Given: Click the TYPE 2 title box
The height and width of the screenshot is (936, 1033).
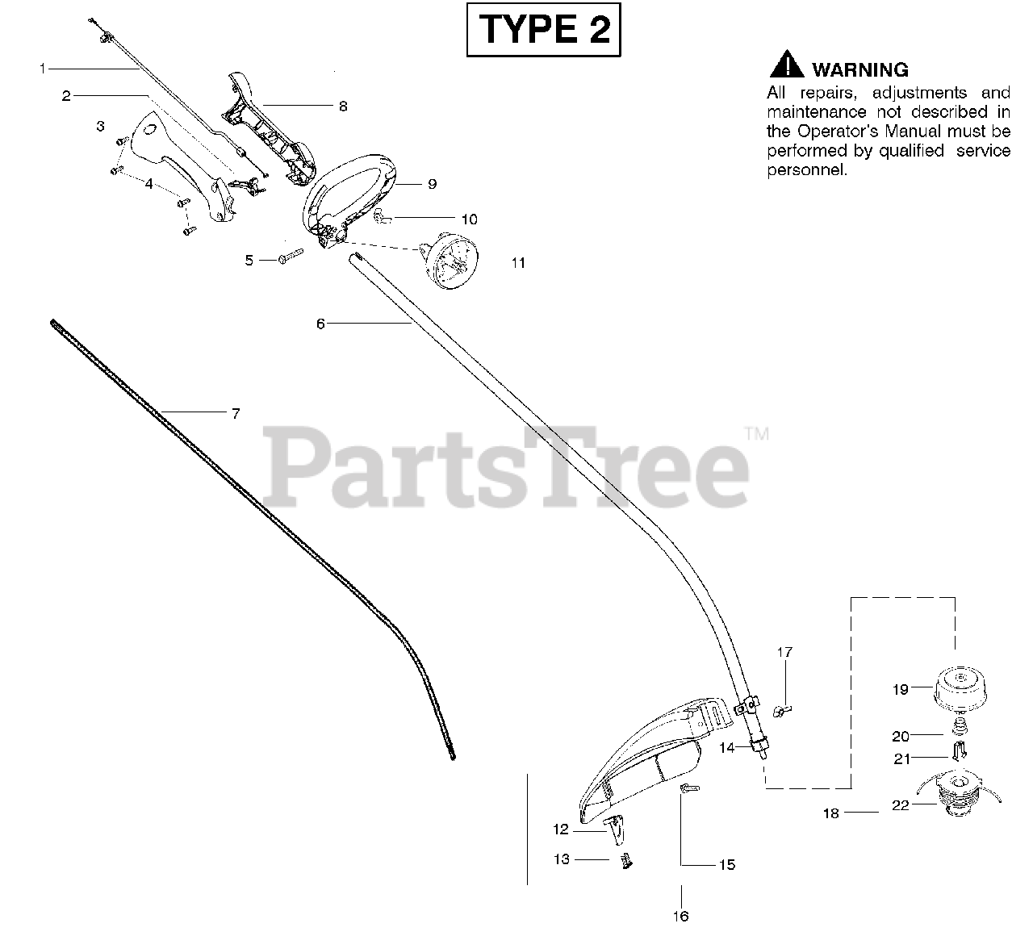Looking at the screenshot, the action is [545, 31].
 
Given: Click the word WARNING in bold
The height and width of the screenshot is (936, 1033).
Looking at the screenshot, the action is [860, 69].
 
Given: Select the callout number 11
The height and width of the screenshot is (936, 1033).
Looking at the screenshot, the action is [518, 262].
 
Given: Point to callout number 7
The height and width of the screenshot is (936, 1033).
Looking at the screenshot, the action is [236, 414].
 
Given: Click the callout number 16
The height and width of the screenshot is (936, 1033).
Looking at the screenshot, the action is [681, 916].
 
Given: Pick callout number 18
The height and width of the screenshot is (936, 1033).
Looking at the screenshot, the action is [830, 813].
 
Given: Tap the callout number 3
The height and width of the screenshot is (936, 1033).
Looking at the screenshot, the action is [100, 126].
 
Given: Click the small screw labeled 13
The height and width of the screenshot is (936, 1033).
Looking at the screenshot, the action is [625, 861].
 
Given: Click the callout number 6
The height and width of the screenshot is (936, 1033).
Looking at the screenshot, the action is [320, 324].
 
